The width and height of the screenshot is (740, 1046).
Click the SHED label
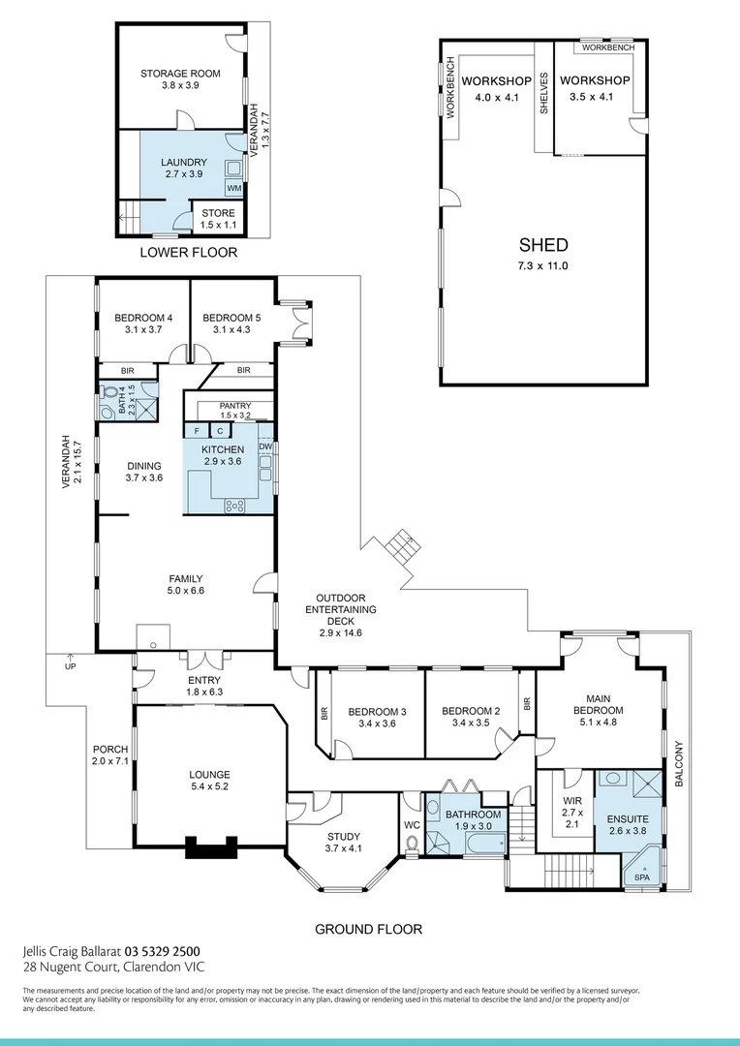click(542, 246)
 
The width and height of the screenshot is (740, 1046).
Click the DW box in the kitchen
click(265, 446)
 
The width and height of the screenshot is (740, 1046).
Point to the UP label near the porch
click(70, 667)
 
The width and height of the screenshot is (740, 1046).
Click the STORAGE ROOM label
click(180, 74)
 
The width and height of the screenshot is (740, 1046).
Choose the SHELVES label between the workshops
click(544, 93)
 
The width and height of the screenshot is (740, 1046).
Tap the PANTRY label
click(235, 406)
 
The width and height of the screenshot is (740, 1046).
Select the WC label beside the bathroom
click(410, 826)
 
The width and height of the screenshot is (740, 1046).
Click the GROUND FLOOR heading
click(369, 929)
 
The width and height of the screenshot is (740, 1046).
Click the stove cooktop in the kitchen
click(234, 505)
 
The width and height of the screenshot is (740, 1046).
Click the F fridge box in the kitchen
click(197, 431)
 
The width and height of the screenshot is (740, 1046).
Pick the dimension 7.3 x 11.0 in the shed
click(542, 265)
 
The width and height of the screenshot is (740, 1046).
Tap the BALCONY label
click(679, 763)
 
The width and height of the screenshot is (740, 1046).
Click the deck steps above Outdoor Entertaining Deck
click(402, 548)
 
